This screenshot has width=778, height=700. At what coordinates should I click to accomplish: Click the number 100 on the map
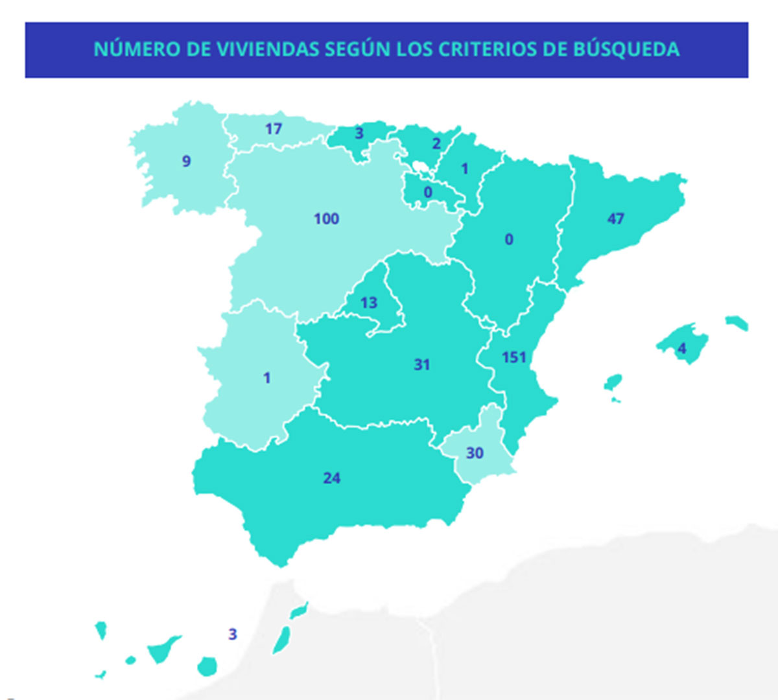click(326, 219)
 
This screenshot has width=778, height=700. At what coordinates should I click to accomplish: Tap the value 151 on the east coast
click(514, 357)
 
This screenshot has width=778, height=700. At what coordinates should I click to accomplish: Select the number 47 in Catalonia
click(616, 218)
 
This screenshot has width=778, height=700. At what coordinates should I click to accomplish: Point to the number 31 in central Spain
click(422, 365)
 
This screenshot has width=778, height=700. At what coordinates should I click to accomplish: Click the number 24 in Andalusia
click(332, 478)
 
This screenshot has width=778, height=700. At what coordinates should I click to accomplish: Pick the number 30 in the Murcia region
click(475, 453)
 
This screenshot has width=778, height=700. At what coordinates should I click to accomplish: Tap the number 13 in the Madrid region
click(369, 303)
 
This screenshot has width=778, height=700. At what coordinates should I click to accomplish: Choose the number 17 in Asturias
click(274, 129)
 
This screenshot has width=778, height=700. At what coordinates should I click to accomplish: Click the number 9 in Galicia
click(187, 161)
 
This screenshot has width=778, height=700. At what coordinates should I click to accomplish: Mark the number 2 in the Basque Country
click(436, 143)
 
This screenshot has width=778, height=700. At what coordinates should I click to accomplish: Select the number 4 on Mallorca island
click(681, 349)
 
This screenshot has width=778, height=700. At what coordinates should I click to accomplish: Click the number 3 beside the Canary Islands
click(233, 635)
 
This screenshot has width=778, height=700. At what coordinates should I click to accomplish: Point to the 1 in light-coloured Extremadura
click(266, 378)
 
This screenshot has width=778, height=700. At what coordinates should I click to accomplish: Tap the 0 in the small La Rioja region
click(428, 192)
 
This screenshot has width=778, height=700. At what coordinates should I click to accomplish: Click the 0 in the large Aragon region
click(509, 240)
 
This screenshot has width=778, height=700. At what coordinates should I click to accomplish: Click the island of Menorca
click(737, 322)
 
